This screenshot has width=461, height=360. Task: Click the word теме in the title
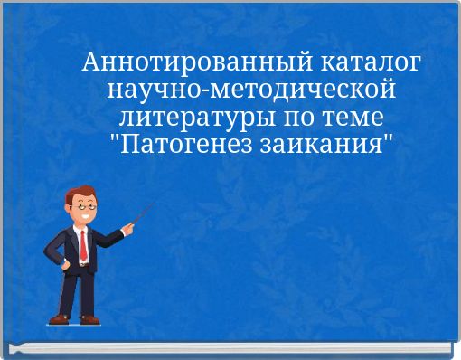click(353, 118)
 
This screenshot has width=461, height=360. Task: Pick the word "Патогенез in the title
click(184, 145)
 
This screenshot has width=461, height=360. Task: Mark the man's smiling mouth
click(85, 215)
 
